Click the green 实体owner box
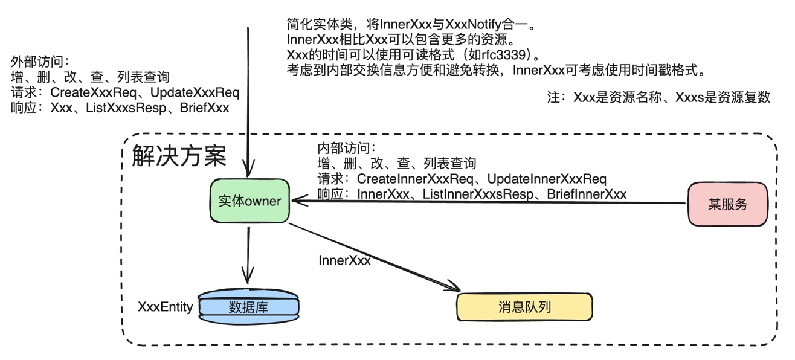click(x=249, y=201)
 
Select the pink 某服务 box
click(x=727, y=204)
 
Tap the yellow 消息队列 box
click(x=524, y=307)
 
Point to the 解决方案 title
click(x=179, y=156)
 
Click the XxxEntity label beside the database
click(x=166, y=307)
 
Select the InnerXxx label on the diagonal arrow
click(x=344, y=260)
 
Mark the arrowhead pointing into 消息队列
click(x=454, y=288)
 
